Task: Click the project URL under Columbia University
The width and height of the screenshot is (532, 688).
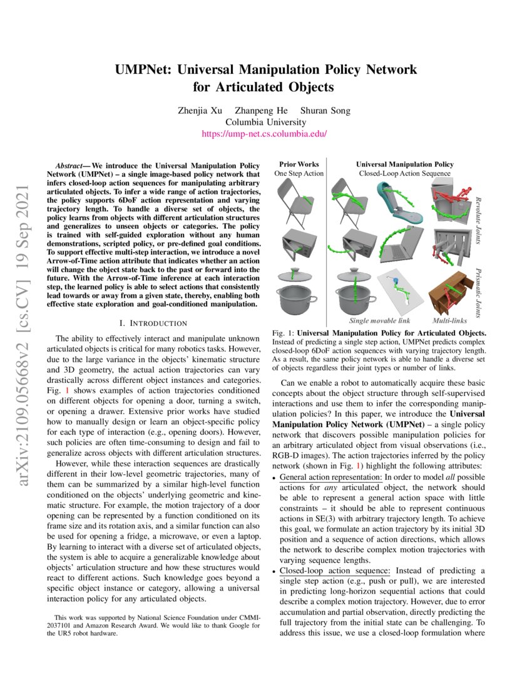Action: point(265,134)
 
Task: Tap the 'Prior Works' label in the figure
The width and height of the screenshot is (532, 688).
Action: point(299,164)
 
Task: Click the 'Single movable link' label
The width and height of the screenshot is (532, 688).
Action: point(376,320)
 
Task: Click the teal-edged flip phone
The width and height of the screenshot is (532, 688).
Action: point(398,200)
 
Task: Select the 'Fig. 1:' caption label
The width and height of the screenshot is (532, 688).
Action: point(284,333)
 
